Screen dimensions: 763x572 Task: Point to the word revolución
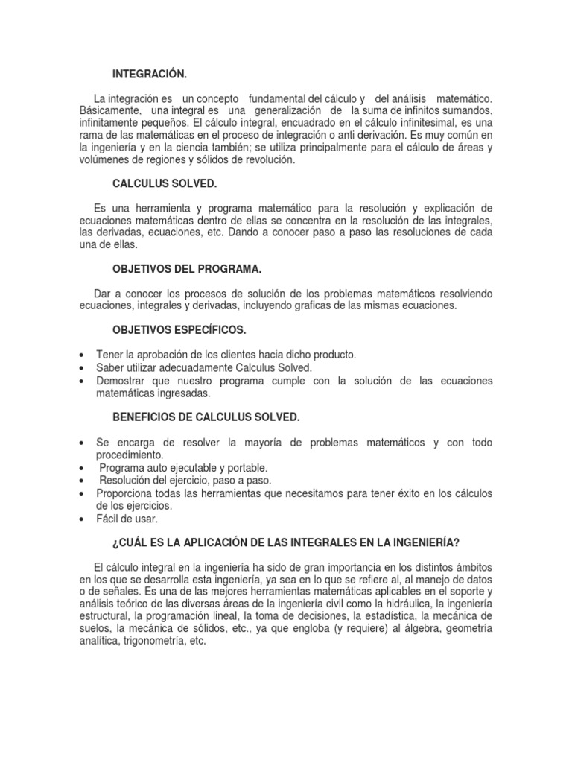tap(273, 159)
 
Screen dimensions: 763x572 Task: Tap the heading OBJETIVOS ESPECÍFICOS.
tap(179, 329)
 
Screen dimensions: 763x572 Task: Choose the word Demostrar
tap(122, 381)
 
